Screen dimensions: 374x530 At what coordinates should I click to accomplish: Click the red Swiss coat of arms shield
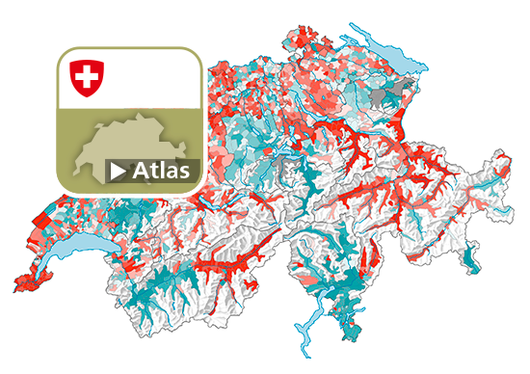tap(87, 77)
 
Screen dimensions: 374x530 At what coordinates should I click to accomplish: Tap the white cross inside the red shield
tap(87, 76)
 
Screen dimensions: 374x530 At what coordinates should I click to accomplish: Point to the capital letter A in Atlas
tap(141, 171)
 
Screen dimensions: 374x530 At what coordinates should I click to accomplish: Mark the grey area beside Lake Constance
tap(403, 93)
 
